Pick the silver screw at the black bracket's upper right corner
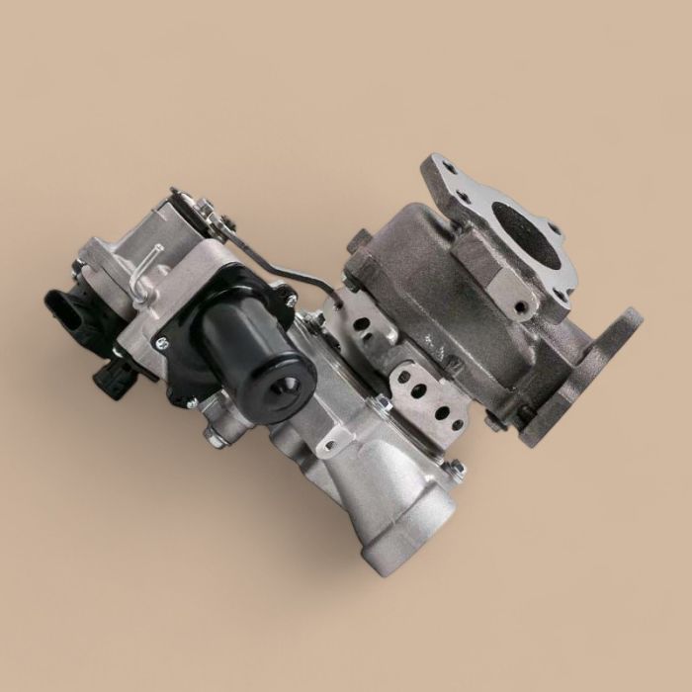(x=289, y=298)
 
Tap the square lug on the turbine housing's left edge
(x=358, y=238)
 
